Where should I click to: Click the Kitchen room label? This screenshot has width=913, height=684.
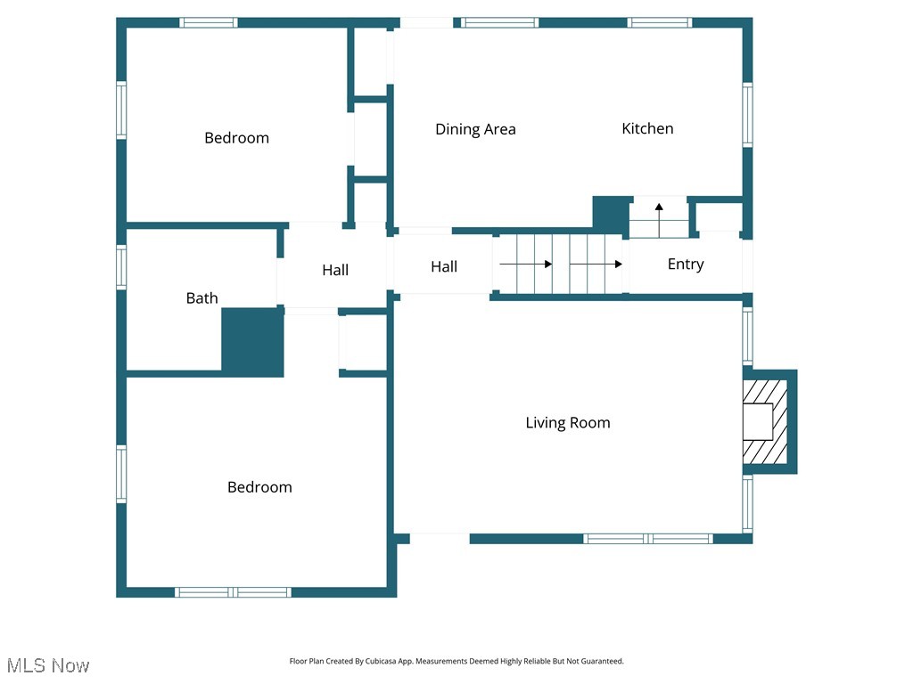[647, 129]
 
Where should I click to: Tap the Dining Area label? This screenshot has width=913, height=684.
[475, 130]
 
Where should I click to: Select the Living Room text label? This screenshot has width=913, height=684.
[568, 423]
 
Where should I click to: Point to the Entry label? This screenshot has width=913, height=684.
[686, 265]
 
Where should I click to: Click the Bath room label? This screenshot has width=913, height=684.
[202, 298]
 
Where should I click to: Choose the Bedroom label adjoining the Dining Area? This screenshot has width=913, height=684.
[236, 138]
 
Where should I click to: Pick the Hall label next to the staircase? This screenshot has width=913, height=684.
[444, 267]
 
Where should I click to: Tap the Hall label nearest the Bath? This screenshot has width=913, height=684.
[335, 271]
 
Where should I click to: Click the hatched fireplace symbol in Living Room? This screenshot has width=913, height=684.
[765, 421]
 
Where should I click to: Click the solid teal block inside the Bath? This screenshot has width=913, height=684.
[252, 342]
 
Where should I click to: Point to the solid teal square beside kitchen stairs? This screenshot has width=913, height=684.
[611, 214]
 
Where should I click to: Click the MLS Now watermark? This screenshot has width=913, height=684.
[48, 665]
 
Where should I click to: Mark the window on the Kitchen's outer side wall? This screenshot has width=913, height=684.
[747, 115]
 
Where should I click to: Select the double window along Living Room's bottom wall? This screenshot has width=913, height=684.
[648, 539]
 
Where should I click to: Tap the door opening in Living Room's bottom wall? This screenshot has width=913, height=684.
[440, 539]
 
